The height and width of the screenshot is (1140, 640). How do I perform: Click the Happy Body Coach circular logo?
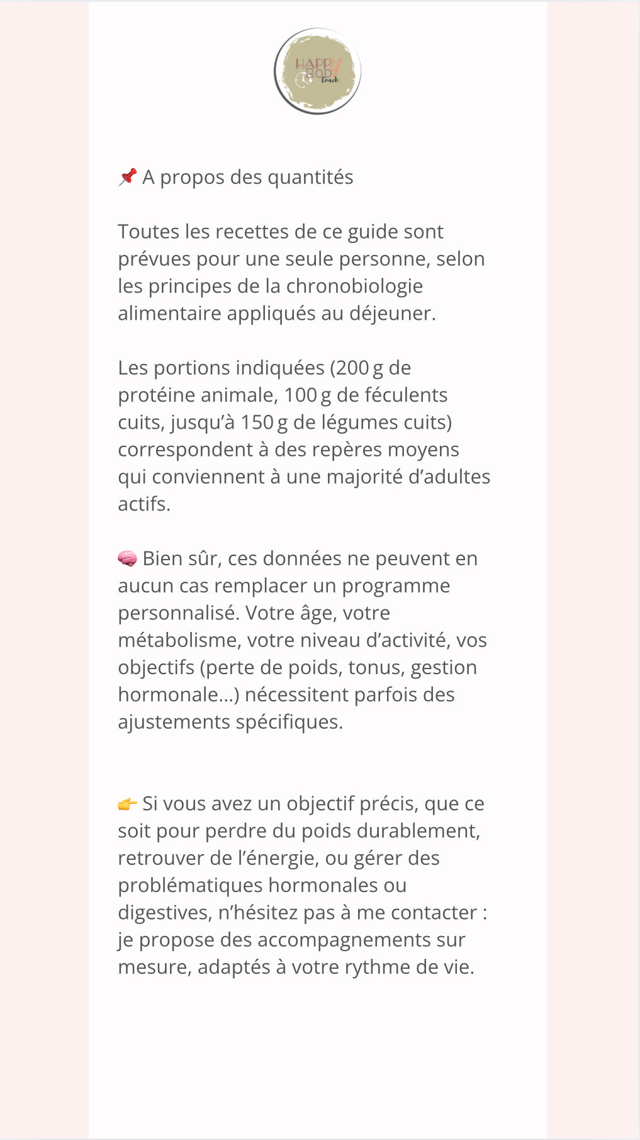[317, 71]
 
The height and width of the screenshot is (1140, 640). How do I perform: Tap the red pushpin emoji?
[128, 177]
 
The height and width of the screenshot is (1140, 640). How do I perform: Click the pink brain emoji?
[127, 558]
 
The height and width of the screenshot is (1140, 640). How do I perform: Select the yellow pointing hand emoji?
[127, 804]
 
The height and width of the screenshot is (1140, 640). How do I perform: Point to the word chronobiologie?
[354, 286]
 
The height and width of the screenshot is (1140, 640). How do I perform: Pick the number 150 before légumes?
[257, 422]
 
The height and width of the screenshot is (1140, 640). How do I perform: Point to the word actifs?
[143, 504]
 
